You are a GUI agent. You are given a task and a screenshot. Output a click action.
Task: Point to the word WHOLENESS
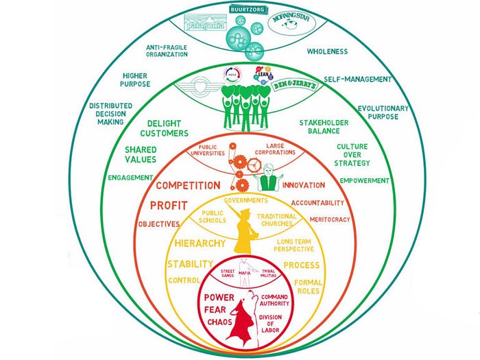(x=327, y=51)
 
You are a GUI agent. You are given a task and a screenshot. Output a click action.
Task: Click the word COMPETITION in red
(x=188, y=185)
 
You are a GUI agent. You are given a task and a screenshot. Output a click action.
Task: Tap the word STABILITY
(x=191, y=264)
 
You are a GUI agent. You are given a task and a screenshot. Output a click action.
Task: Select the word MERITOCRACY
(x=331, y=219)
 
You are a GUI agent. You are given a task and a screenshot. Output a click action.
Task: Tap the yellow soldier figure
(x=241, y=226)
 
